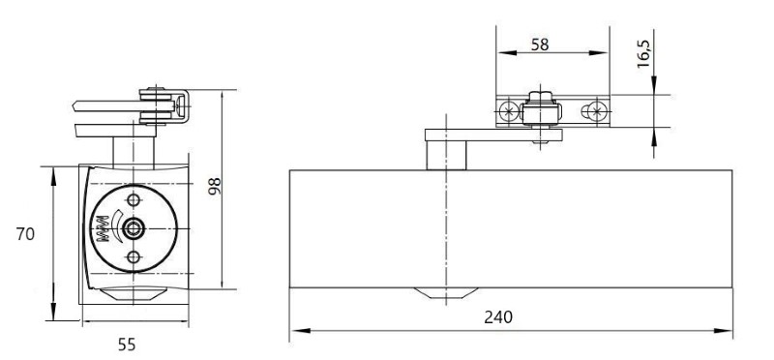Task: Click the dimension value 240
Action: (498, 317)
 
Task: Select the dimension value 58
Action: (540, 45)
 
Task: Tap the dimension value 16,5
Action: (644, 53)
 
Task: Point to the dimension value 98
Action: (214, 186)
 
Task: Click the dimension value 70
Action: (25, 233)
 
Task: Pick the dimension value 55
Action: (127, 345)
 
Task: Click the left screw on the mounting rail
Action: (507, 111)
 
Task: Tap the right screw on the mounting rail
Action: (596, 111)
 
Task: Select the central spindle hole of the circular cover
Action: (133, 228)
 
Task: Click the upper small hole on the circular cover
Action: (134, 200)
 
